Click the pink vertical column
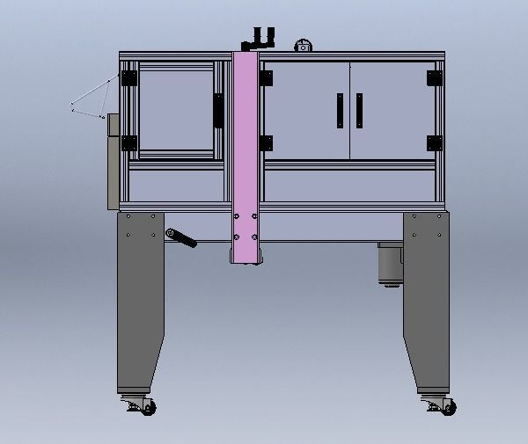click(246, 149)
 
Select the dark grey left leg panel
click(141, 299)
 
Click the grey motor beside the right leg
click(388, 263)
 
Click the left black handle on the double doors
click(339, 111)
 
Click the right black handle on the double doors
click(359, 111)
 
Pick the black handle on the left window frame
click(217, 110)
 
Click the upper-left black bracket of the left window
click(130, 78)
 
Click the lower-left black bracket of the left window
click(130, 142)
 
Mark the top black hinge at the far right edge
click(433, 78)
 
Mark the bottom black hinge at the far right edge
click(433, 142)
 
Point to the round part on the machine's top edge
click(303, 45)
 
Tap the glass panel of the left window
click(174, 110)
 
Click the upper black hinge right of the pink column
click(265, 78)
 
